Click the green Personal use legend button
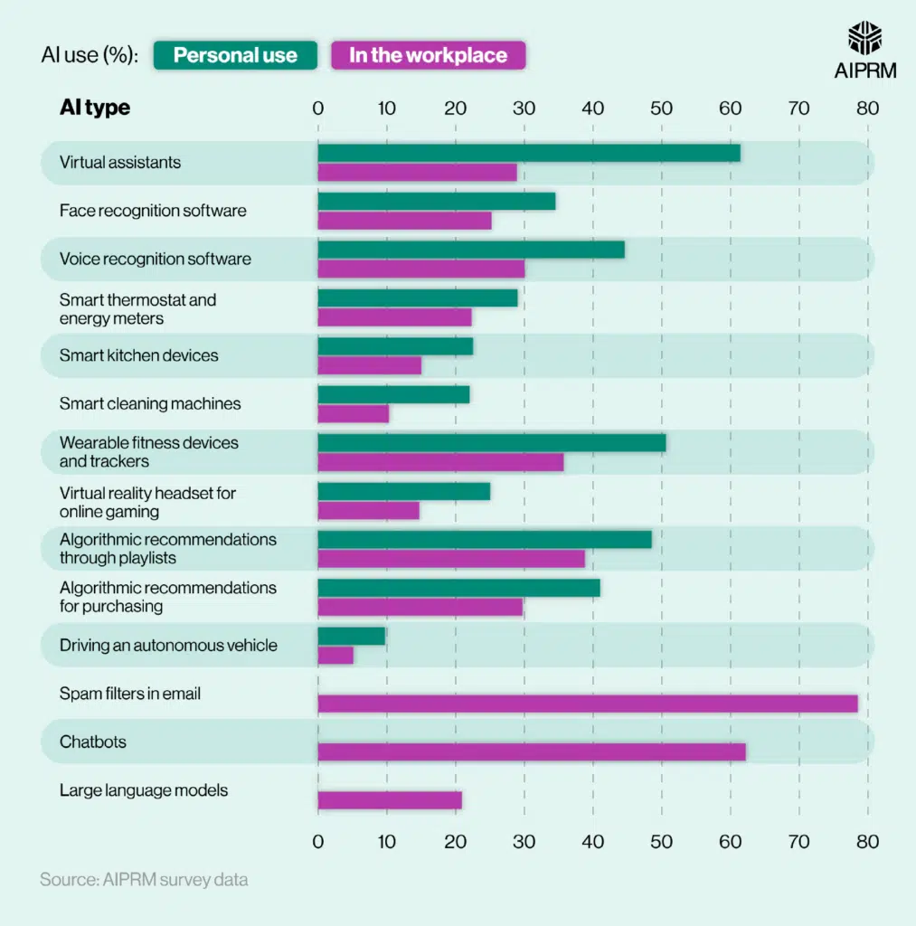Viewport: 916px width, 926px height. [235, 55]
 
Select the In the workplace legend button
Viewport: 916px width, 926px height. [428, 55]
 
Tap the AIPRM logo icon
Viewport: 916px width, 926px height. [865, 39]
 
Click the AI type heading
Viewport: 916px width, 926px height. [95, 108]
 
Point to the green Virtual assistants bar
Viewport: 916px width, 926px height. [529, 153]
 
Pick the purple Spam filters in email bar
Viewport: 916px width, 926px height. [588, 704]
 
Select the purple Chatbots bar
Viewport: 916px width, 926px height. [532, 751]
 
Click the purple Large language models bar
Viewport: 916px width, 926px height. [390, 799]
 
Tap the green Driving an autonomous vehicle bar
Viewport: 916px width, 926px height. [352, 636]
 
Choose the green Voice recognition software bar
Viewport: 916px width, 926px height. [471, 250]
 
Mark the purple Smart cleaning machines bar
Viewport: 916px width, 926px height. [354, 413]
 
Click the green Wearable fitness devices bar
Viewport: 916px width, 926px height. [492, 442]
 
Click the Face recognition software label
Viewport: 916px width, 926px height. [153, 211]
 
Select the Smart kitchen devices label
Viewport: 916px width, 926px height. [139, 355]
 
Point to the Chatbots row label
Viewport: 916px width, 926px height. [93, 742]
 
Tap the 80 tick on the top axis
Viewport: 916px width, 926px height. [867, 109]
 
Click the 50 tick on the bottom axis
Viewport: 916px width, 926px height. [661, 840]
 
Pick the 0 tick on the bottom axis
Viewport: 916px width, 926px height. [317, 840]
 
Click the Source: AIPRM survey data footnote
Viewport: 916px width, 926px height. [144, 879]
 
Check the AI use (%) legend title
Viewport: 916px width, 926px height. [90, 55]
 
